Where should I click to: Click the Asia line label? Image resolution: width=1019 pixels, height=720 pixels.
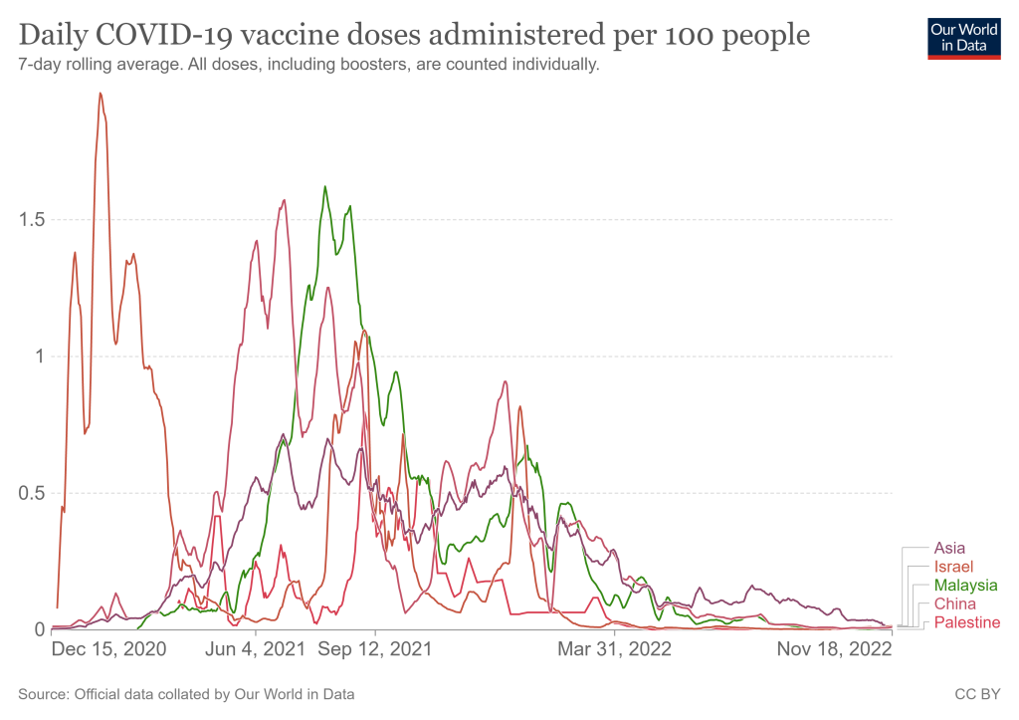coord(949,548)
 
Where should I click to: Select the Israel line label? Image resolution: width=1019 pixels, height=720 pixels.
coord(952,567)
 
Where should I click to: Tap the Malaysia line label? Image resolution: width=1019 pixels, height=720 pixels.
coord(965,586)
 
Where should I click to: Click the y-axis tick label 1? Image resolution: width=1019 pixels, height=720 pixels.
coord(41,357)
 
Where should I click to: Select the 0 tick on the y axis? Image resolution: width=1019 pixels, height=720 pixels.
coord(41,629)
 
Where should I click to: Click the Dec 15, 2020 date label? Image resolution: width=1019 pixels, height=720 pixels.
coord(108,649)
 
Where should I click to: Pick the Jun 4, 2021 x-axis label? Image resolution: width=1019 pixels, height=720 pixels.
coord(256,649)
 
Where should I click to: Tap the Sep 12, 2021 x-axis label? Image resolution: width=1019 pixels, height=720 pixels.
coord(375,649)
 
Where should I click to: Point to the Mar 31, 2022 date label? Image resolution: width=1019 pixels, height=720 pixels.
coord(614,649)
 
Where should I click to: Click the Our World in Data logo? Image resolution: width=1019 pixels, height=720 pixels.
coord(963,38)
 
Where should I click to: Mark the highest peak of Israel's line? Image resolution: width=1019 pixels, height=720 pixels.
coord(101,94)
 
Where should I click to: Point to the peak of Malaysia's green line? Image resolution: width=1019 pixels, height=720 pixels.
coord(324,186)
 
